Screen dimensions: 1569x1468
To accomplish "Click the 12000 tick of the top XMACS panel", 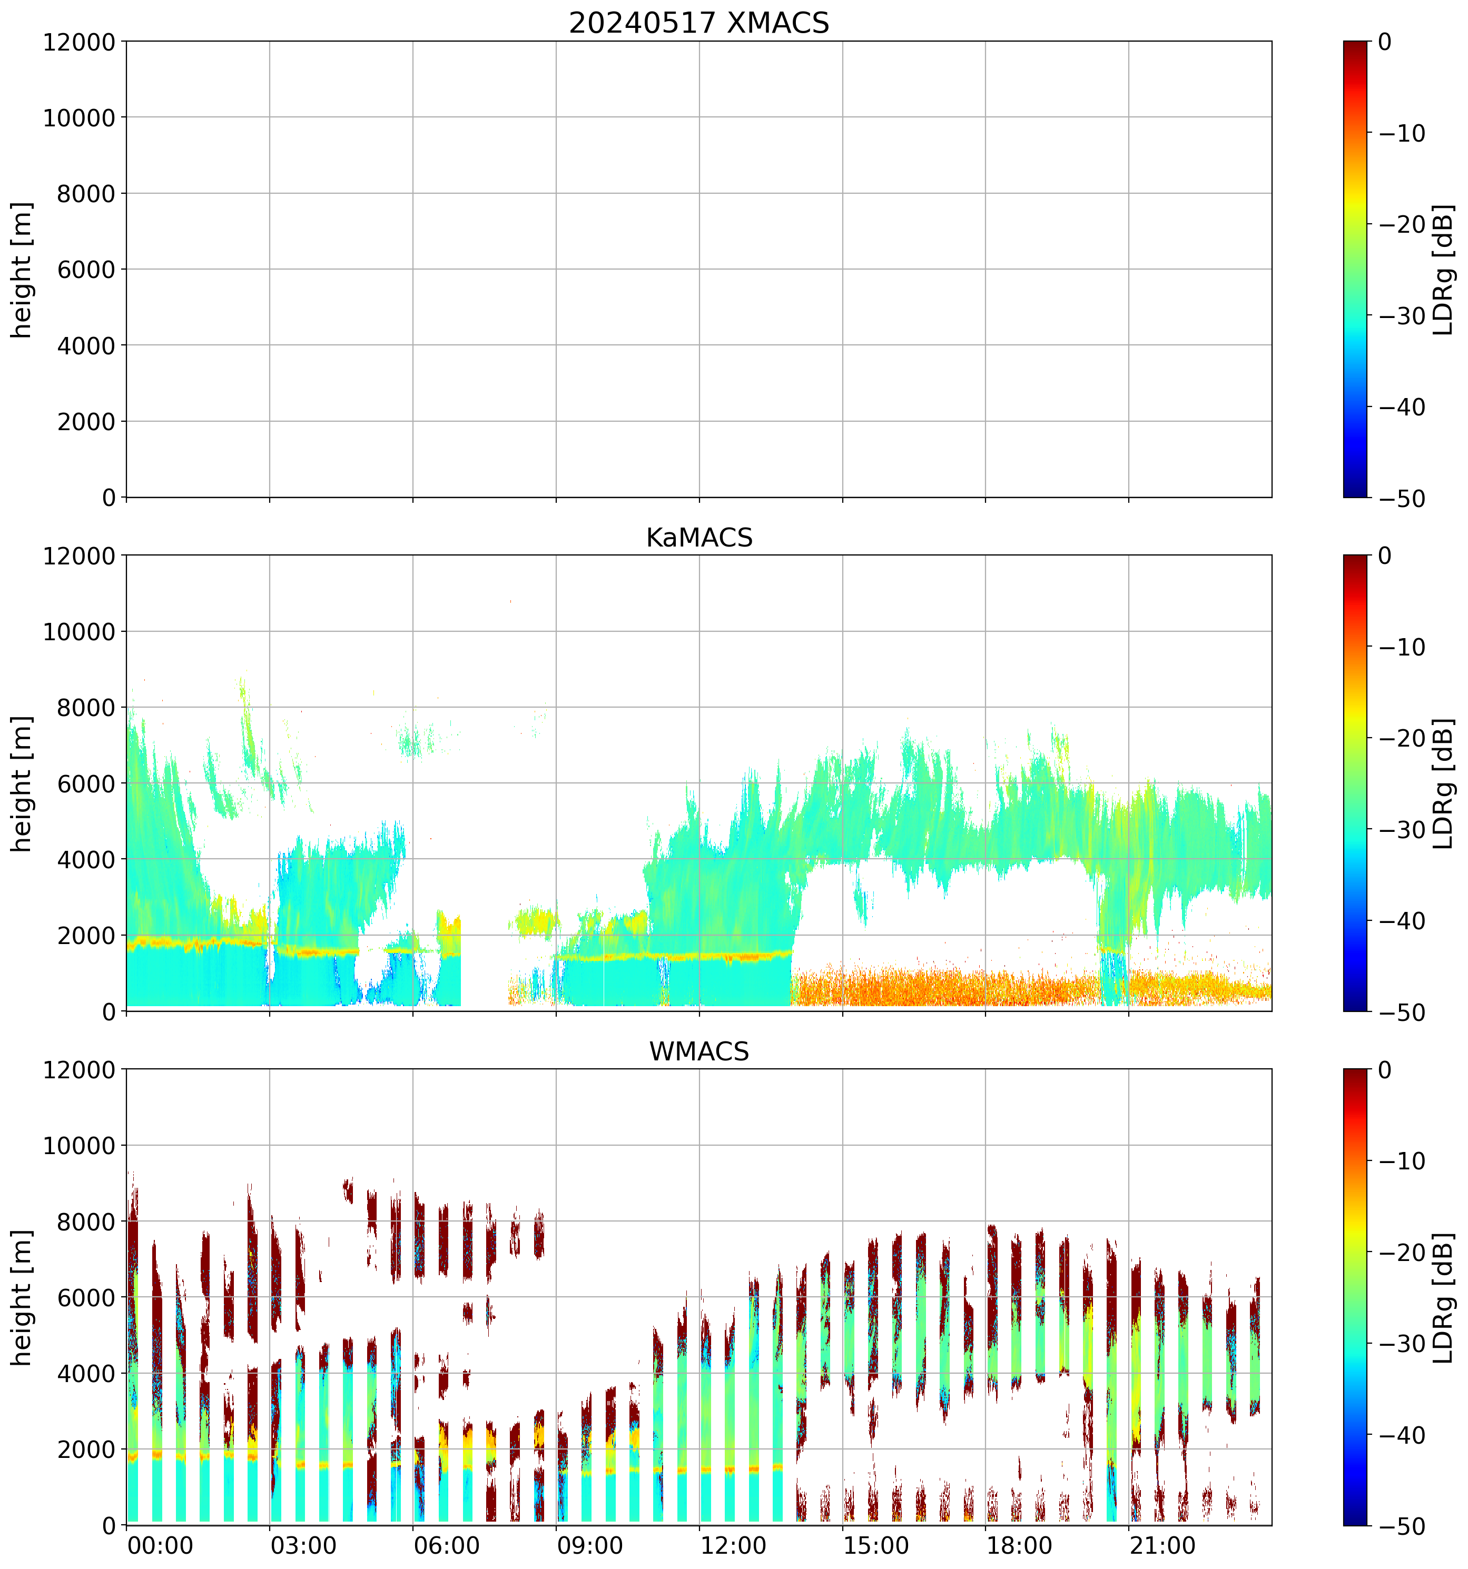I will click(x=79, y=42).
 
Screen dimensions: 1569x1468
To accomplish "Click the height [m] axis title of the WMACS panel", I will click(x=22, y=1297).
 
